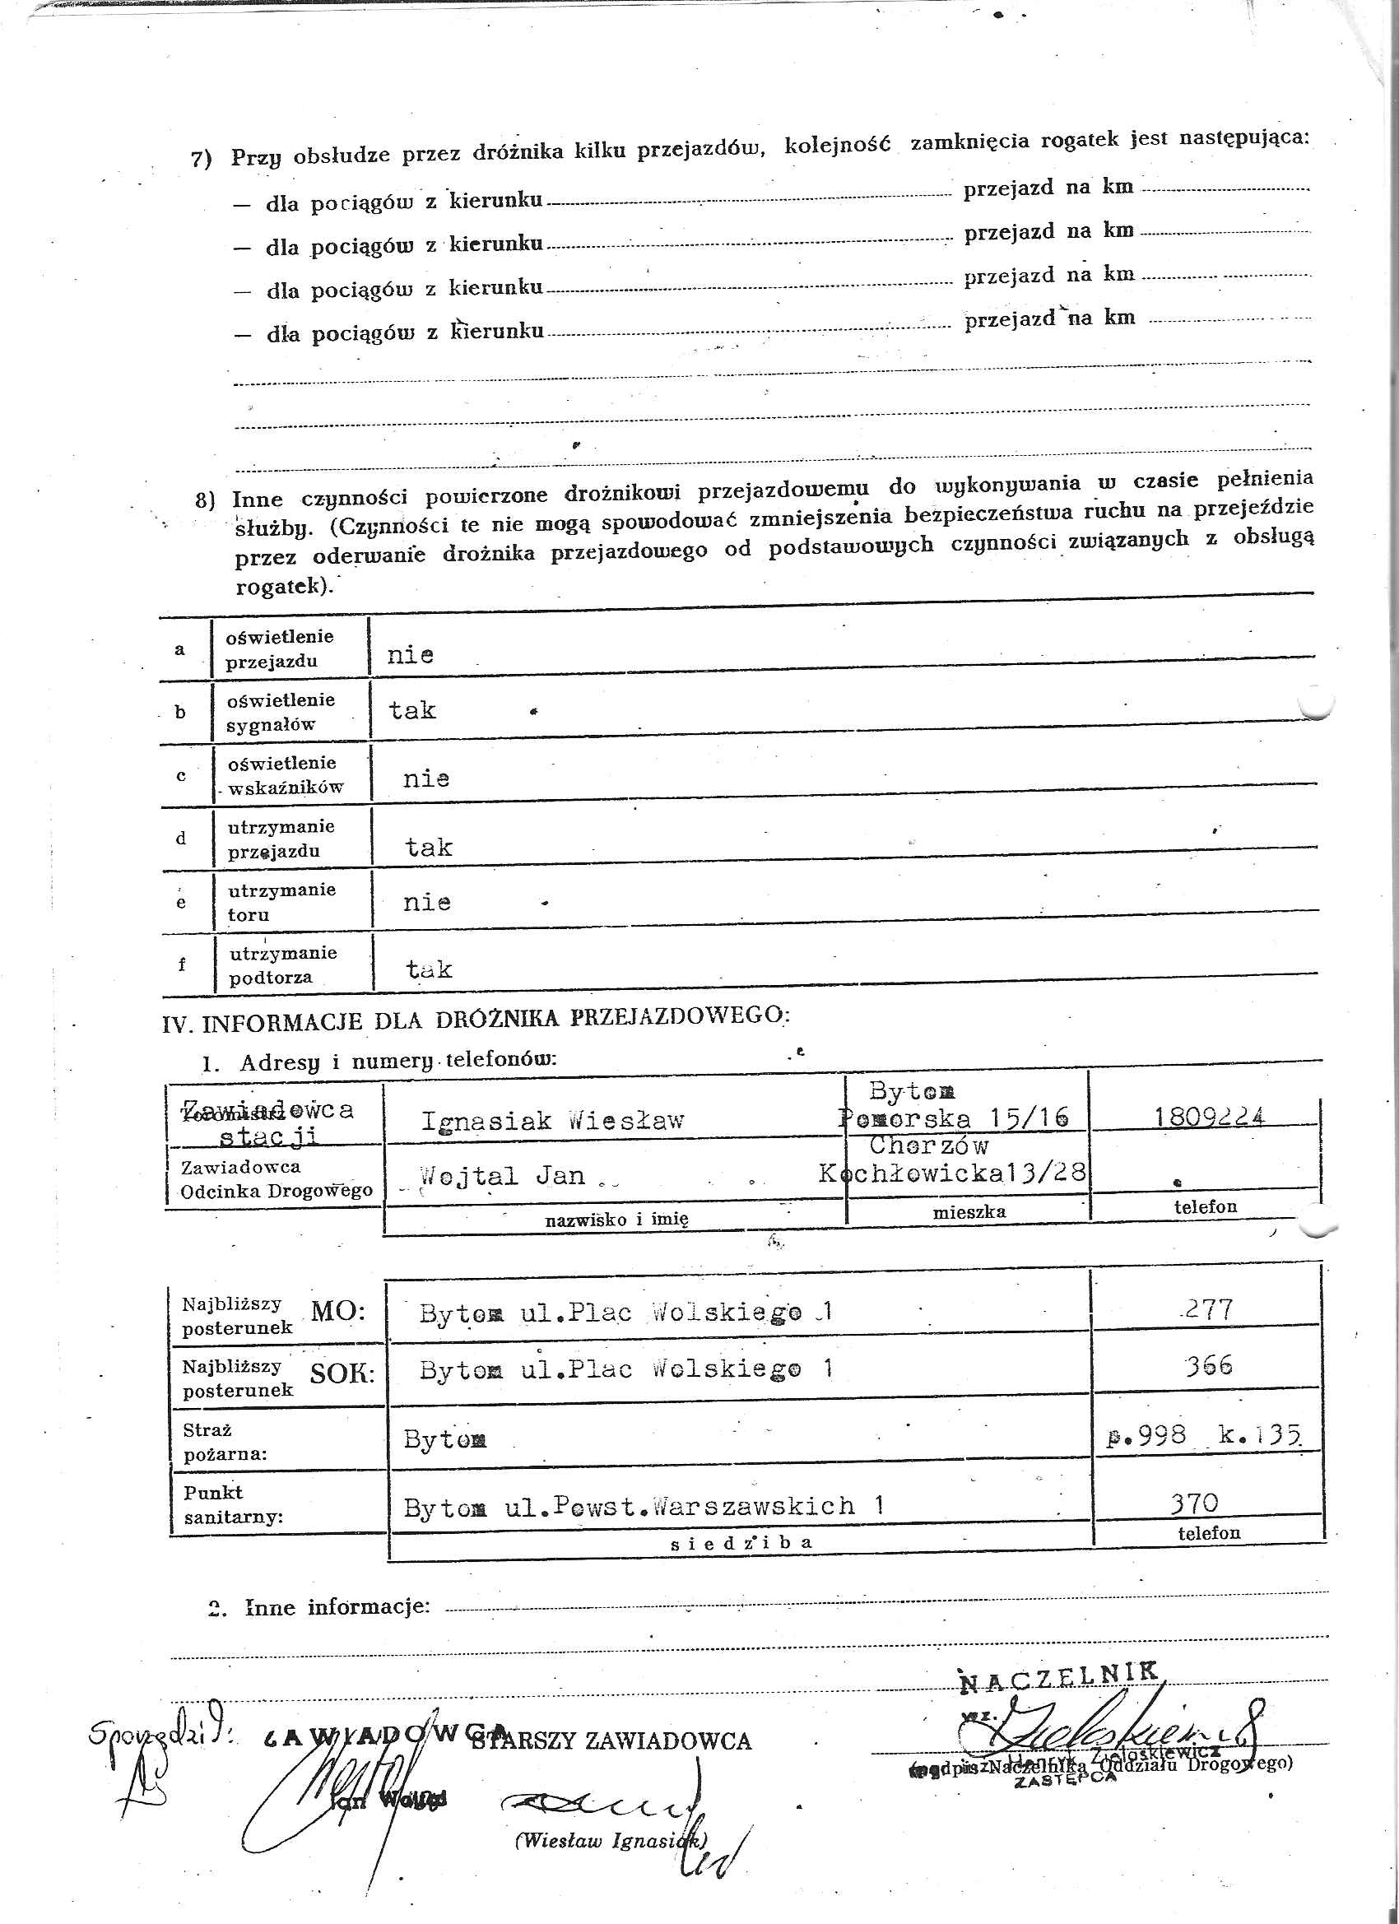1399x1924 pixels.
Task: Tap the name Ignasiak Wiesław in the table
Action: coord(552,1122)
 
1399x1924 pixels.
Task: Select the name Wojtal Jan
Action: coord(502,1176)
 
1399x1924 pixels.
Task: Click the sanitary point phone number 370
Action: coord(1194,1503)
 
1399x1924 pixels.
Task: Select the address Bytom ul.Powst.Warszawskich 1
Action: coord(643,1507)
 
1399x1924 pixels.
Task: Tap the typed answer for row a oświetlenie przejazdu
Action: coord(411,655)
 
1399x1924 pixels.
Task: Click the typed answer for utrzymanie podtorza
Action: coord(429,969)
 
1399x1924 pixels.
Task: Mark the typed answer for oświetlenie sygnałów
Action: coord(412,710)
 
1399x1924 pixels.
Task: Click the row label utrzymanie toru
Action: coord(281,902)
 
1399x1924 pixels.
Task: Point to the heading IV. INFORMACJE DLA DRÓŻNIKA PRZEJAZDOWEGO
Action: coord(475,1019)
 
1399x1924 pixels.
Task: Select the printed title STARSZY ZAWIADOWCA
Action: coord(611,1741)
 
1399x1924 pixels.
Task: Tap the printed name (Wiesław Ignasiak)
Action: coord(609,1840)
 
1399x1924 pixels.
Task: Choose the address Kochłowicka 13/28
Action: coord(952,1173)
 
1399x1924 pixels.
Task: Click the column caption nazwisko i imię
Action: coord(616,1219)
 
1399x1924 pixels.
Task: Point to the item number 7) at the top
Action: coord(201,159)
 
